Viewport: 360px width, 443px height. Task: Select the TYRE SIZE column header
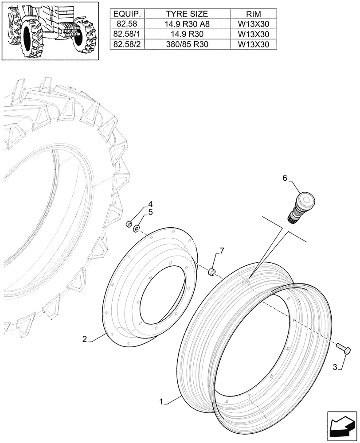tap(186, 14)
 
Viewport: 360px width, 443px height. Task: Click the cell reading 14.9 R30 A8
tap(186, 24)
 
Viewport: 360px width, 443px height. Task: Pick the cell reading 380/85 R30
tap(186, 44)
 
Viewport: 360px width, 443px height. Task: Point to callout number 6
tap(286, 178)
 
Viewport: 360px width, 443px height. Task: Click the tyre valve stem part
tap(300, 206)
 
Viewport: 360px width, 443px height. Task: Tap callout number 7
tap(222, 251)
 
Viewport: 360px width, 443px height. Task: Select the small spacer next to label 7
tap(212, 271)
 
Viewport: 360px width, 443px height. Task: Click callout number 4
tap(150, 204)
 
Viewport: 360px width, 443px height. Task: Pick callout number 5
tap(150, 212)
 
